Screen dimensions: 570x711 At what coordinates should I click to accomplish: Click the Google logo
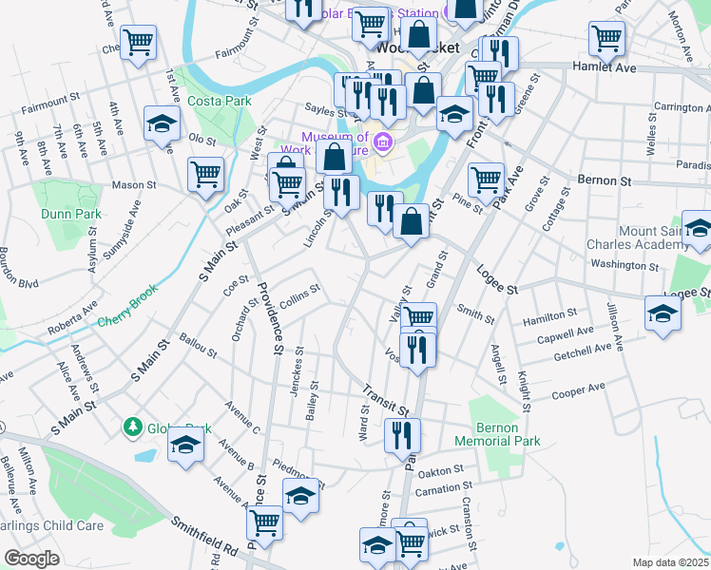pyautogui.click(x=32, y=558)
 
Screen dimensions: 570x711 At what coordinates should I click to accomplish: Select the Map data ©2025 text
pyautogui.click(x=669, y=562)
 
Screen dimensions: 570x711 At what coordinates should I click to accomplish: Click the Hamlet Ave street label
pyautogui.click(x=604, y=67)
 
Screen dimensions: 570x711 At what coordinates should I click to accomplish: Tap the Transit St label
pyautogui.click(x=384, y=400)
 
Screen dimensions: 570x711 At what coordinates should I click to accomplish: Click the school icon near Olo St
pyautogui.click(x=162, y=123)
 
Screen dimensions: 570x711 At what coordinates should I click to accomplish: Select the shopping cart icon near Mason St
pyautogui.click(x=205, y=175)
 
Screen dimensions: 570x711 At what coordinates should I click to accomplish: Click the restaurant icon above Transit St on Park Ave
pyautogui.click(x=417, y=349)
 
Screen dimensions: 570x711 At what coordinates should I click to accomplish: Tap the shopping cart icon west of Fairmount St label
pyautogui.click(x=139, y=41)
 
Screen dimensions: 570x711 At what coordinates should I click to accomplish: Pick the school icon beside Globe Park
pyautogui.click(x=185, y=445)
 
